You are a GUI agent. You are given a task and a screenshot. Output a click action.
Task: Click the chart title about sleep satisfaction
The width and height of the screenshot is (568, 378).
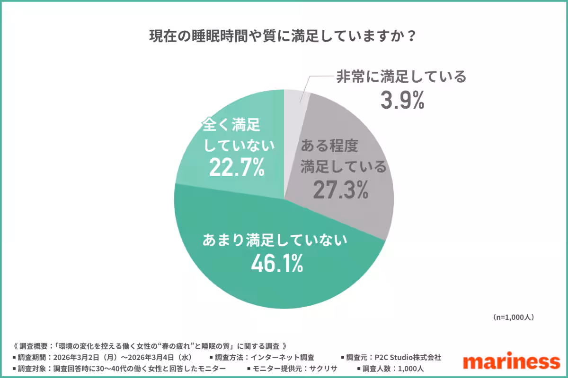(x=284, y=36)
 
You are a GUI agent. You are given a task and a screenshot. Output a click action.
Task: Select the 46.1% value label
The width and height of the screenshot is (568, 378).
(x=276, y=264)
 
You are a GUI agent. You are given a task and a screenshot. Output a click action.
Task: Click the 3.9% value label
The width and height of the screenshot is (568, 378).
(x=402, y=101)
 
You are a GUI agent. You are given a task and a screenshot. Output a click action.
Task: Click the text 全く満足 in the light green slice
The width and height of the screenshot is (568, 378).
(x=231, y=126)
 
